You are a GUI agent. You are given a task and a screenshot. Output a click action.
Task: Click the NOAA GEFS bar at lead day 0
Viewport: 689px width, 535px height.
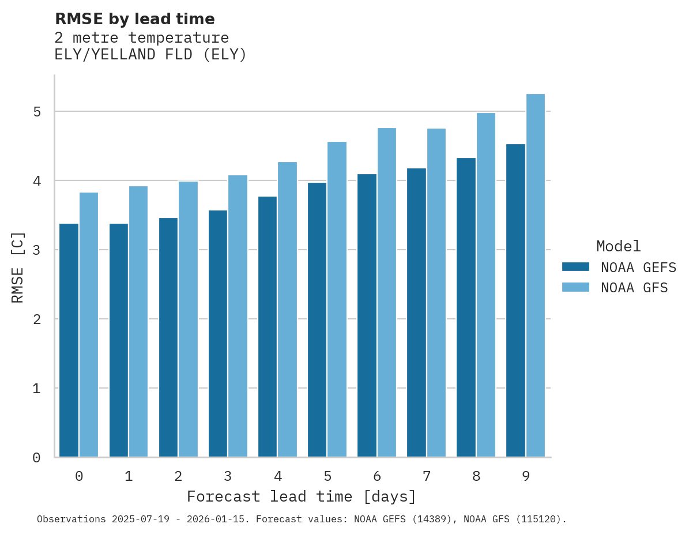click(69, 340)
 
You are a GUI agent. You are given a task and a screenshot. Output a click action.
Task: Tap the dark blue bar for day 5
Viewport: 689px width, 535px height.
click(317, 320)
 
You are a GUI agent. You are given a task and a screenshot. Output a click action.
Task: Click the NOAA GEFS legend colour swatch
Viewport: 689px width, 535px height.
click(575, 267)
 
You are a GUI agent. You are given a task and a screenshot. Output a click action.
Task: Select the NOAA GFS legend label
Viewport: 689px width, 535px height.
click(634, 288)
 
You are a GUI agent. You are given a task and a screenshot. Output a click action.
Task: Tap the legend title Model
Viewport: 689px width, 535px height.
click(618, 247)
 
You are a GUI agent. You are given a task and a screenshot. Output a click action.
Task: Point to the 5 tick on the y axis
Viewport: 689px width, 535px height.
click(37, 111)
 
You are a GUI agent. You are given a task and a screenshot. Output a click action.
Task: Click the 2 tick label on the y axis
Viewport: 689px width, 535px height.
click(37, 319)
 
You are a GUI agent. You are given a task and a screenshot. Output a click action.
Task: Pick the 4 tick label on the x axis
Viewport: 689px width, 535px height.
click(278, 476)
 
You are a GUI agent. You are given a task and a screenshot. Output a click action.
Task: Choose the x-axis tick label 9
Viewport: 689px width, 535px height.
click(526, 476)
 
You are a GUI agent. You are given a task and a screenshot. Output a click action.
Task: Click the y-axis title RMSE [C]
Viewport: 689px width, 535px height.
click(18, 267)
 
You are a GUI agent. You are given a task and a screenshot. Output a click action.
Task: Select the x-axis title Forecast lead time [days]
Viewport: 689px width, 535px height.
click(301, 497)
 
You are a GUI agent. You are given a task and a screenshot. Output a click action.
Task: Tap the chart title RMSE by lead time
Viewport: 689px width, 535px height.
click(134, 19)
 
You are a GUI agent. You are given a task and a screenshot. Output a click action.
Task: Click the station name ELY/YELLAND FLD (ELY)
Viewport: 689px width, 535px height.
click(150, 55)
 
